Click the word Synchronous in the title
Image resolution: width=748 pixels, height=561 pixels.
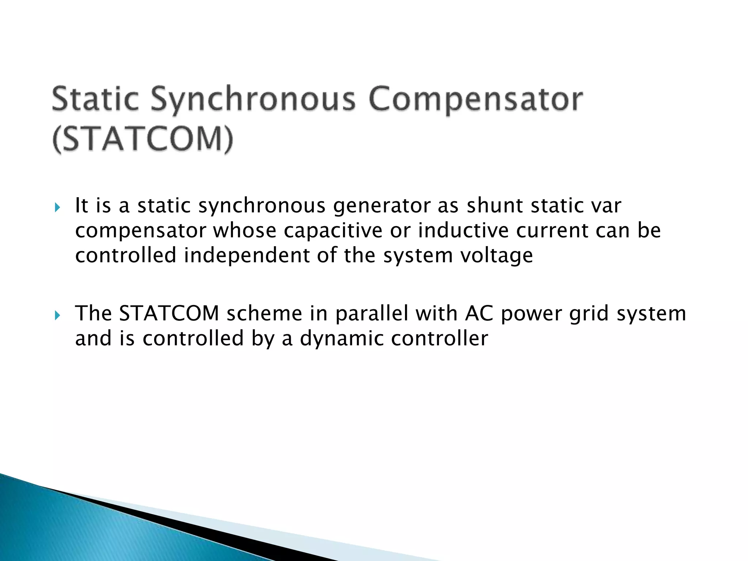pos(253,99)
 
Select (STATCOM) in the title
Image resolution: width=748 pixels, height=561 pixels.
pos(142,140)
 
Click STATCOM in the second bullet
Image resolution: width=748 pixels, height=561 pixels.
pos(169,313)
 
